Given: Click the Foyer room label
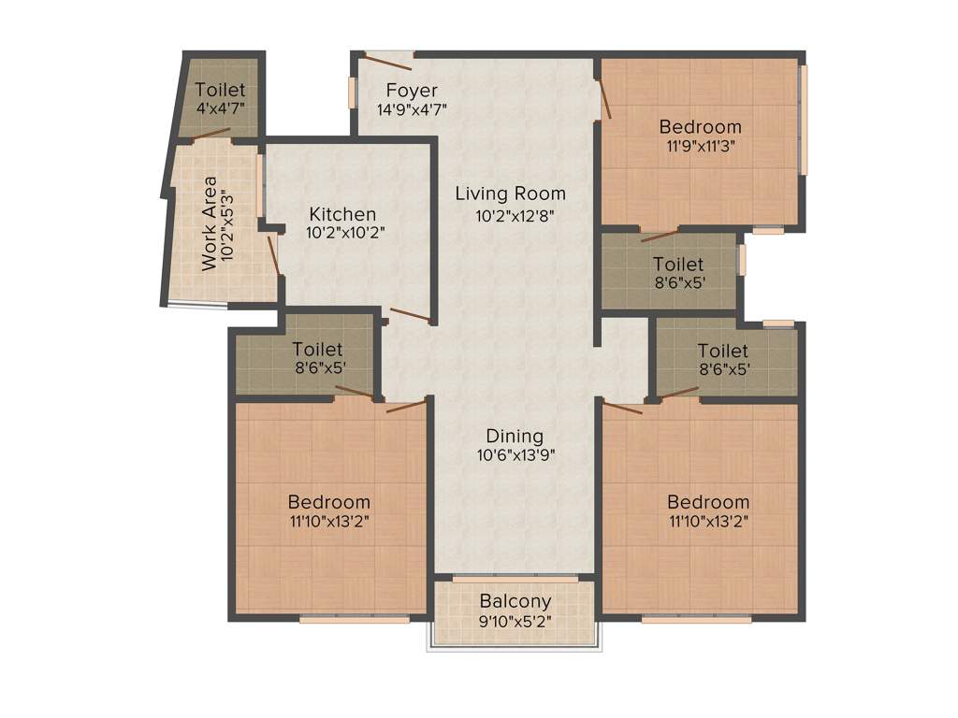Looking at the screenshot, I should (412, 91).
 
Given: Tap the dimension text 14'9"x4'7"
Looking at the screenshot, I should (412, 109).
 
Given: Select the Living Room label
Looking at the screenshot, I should (510, 194).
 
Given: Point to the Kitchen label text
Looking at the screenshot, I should (343, 214).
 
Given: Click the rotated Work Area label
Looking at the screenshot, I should (210, 223).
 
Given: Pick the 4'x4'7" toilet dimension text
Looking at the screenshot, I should (221, 108).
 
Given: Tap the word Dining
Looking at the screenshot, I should (515, 437).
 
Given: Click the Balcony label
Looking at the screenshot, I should (515, 601).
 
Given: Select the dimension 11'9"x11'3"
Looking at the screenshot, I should (700, 145).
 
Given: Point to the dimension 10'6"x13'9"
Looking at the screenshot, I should (515, 455).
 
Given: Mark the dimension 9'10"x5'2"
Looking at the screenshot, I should (515, 620).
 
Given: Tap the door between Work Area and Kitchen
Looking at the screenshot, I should (273, 255).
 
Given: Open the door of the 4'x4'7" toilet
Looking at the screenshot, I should (212, 133).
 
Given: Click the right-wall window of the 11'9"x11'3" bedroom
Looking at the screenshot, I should (804, 119).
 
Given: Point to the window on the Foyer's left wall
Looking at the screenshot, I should (353, 92).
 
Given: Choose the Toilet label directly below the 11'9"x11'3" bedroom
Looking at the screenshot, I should (678, 265).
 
